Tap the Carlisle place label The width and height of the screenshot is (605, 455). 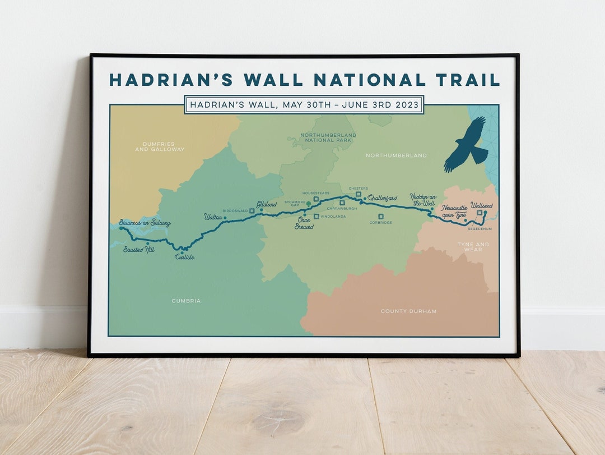point(184,257)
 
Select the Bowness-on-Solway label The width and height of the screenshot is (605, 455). point(145,223)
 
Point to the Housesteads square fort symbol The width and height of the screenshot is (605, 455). point(316,199)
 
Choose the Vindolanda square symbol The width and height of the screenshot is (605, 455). point(316,216)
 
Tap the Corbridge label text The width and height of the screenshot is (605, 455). point(380,223)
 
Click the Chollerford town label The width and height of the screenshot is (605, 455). point(383,198)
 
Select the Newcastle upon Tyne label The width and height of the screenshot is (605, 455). point(454,211)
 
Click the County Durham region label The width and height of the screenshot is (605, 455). point(408,311)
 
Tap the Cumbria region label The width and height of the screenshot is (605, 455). point(186,301)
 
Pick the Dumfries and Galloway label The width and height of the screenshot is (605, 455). point(160,147)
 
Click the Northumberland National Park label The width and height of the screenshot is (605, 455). point(328,137)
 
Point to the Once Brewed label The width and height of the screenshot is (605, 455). point(304,223)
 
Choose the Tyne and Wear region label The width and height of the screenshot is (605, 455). point(473,247)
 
